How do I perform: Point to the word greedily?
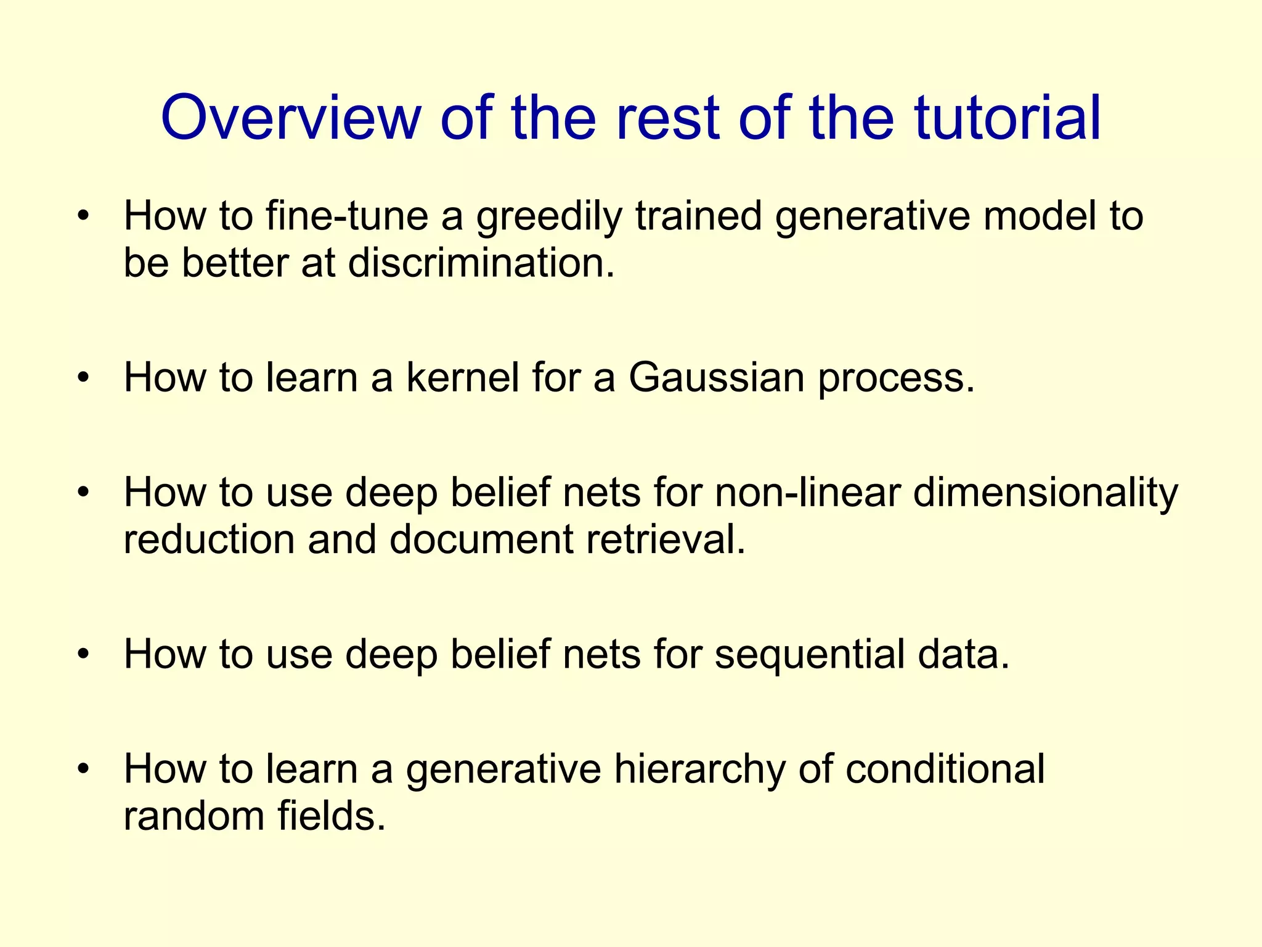click(549, 218)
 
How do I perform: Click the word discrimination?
click(481, 263)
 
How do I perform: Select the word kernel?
click(463, 377)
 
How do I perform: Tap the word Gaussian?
click(716, 377)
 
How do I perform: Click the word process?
click(896, 379)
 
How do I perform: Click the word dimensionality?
click(1045, 494)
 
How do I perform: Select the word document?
click(481, 539)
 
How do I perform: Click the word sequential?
click(809, 654)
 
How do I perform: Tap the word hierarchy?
click(699, 769)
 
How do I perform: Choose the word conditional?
click(945, 769)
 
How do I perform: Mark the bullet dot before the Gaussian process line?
click(84, 377)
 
